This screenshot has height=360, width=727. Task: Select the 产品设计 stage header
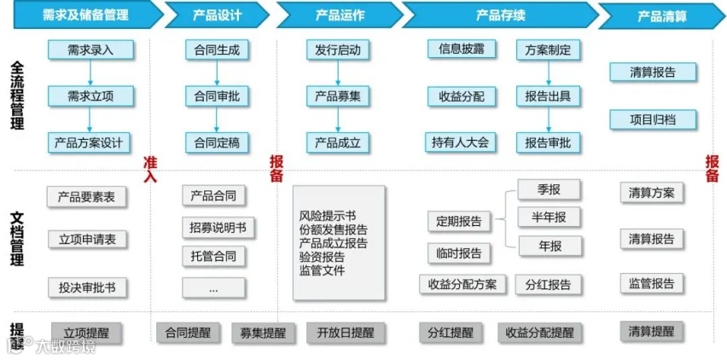217,15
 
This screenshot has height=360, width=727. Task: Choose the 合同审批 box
218,96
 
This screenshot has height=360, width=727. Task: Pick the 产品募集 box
338,96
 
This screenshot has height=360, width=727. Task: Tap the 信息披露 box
461,49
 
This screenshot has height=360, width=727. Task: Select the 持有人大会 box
461,142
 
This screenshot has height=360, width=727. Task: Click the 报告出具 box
548,96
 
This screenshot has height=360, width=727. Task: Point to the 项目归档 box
653,119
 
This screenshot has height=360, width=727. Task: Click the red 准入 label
151,169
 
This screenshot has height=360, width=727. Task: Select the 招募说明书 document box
218,228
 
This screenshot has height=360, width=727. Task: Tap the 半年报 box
549,217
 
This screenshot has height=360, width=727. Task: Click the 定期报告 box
459,222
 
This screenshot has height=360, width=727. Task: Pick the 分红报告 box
549,284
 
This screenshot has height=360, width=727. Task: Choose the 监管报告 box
652,284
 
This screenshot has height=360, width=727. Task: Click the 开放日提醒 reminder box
345,333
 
